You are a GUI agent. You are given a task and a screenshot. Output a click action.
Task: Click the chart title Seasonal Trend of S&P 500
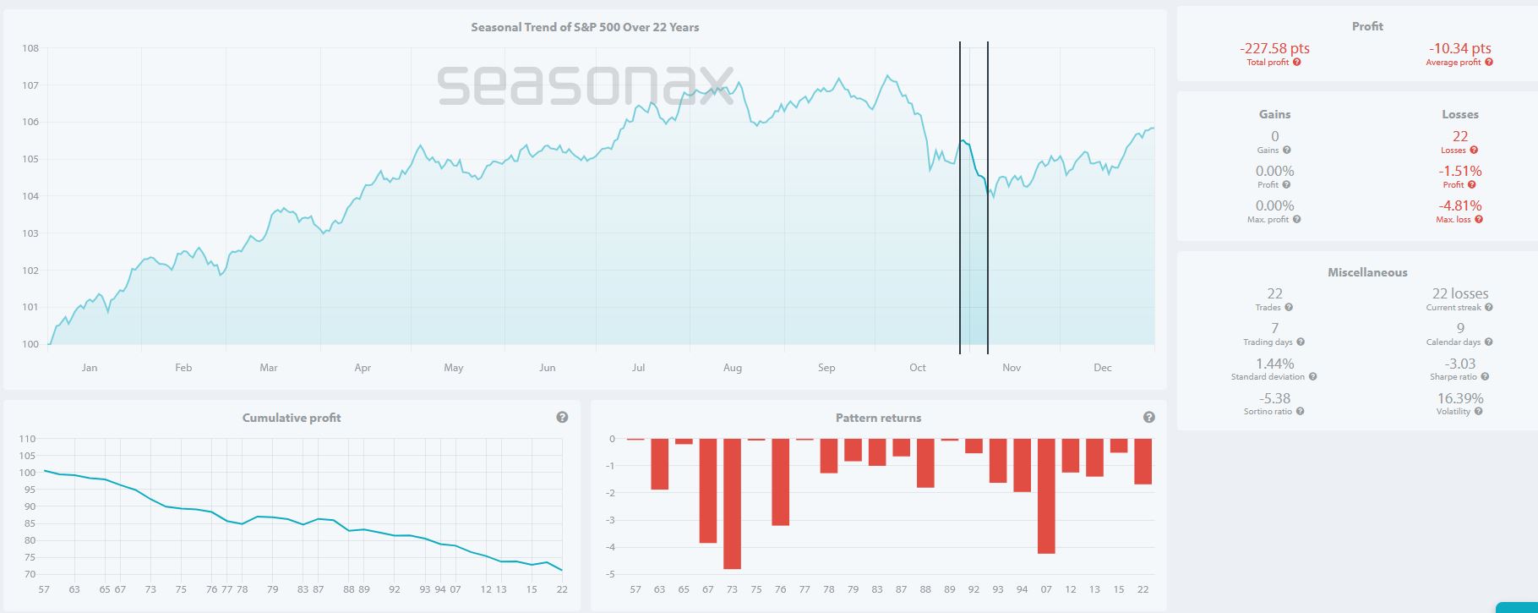585,27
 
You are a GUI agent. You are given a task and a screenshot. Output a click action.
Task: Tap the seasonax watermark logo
585,85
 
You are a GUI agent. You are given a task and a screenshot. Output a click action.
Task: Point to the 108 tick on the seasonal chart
30,48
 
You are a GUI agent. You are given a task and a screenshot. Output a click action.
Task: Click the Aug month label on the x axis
733,368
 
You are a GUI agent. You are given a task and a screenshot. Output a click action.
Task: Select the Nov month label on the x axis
1012,368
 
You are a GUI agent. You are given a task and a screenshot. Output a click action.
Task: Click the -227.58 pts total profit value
1274,48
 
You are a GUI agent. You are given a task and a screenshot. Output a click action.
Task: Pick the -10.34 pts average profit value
1459,48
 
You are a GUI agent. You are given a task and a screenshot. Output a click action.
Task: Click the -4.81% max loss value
1459,205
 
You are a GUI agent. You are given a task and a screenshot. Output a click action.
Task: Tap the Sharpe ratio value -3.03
1459,364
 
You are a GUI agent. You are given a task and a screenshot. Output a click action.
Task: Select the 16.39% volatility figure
1459,398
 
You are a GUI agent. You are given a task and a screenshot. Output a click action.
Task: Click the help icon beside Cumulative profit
562,418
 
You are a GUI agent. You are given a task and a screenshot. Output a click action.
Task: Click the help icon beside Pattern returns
1148,418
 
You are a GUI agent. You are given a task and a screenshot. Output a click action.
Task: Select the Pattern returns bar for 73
732,503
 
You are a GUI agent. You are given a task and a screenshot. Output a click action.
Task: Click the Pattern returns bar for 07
1046,495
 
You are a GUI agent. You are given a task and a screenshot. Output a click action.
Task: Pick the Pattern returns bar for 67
707,490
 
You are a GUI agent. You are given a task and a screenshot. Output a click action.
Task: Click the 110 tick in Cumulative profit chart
27,439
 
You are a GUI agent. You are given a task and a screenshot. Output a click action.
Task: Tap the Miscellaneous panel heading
1367,272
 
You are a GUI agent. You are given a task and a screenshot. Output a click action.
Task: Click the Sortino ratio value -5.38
1274,398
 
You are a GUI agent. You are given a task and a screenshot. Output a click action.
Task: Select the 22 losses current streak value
1459,293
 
